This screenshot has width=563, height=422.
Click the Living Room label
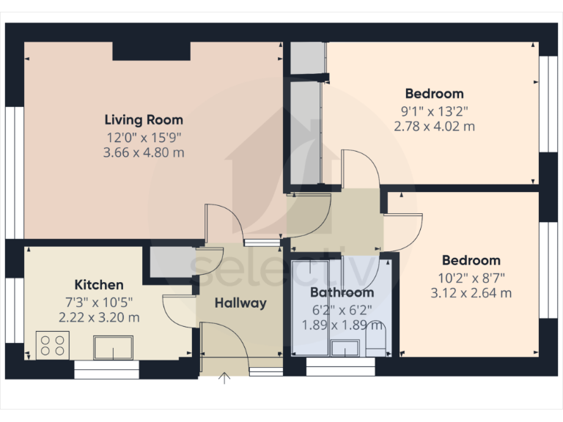tap(144, 119)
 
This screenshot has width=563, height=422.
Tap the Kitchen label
tap(99, 284)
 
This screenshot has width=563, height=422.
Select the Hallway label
tap(240, 303)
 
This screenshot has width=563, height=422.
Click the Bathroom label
tap(342, 292)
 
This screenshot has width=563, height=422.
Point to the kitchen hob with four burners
tap(53, 345)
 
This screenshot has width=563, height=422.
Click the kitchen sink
tap(113, 347)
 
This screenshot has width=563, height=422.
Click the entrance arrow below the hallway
tap(224, 377)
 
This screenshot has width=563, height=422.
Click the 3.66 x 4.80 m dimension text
tap(144, 152)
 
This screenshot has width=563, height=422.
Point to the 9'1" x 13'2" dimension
tap(434, 111)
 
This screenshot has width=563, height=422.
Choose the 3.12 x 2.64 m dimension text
tap(471, 293)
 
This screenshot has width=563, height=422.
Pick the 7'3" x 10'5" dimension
tap(99, 302)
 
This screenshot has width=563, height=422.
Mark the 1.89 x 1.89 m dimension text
tap(342, 324)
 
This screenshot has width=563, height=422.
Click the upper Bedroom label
tap(434, 93)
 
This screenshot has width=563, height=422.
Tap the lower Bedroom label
tap(471, 260)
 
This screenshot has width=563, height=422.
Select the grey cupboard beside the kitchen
tap(170, 261)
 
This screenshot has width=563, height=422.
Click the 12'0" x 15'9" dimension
tap(144, 136)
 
